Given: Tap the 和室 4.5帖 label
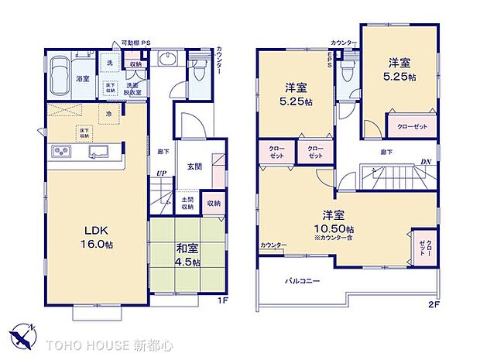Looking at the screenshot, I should tap(187, 255).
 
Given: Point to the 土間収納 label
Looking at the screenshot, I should tap(187, 204).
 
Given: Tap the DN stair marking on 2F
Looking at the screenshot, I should tap(425, 161).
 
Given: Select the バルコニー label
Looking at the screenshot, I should tap(302, 280).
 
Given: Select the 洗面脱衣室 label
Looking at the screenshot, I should tap(133, 89).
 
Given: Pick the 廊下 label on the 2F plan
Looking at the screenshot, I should tap(385, 153).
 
